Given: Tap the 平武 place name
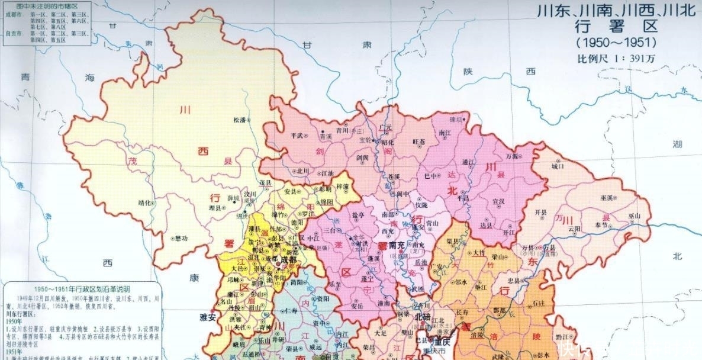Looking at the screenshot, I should [x=297, y=135].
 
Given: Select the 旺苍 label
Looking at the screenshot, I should [x=418, y=142].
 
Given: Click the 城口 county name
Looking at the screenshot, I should [x=557, y=166].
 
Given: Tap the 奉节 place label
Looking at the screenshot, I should [x=601, y=226].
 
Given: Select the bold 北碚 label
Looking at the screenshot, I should [x=423, y=316].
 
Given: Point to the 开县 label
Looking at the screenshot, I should [x=540, y=212].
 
